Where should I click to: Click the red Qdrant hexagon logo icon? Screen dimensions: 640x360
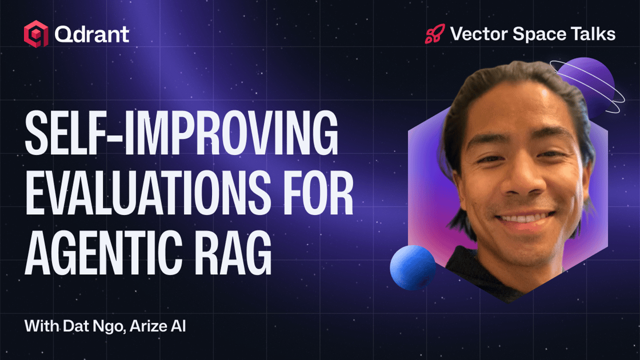tap(36, 34)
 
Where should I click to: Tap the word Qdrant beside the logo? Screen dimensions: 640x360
tap(92, 34)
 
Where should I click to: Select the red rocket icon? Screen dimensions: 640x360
tap(435, 34)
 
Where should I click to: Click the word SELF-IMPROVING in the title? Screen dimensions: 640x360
tap(182, 133)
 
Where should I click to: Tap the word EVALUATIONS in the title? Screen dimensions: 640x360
tap(148, 193)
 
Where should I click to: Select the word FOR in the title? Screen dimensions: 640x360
tap(318, 193)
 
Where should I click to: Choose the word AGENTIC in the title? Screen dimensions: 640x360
tap(103, 253)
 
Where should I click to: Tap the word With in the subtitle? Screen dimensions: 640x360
tap(42, 326)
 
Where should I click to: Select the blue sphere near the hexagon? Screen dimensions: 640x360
tap(413, 268)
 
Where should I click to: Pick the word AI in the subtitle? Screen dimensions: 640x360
tap(178, 326)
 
